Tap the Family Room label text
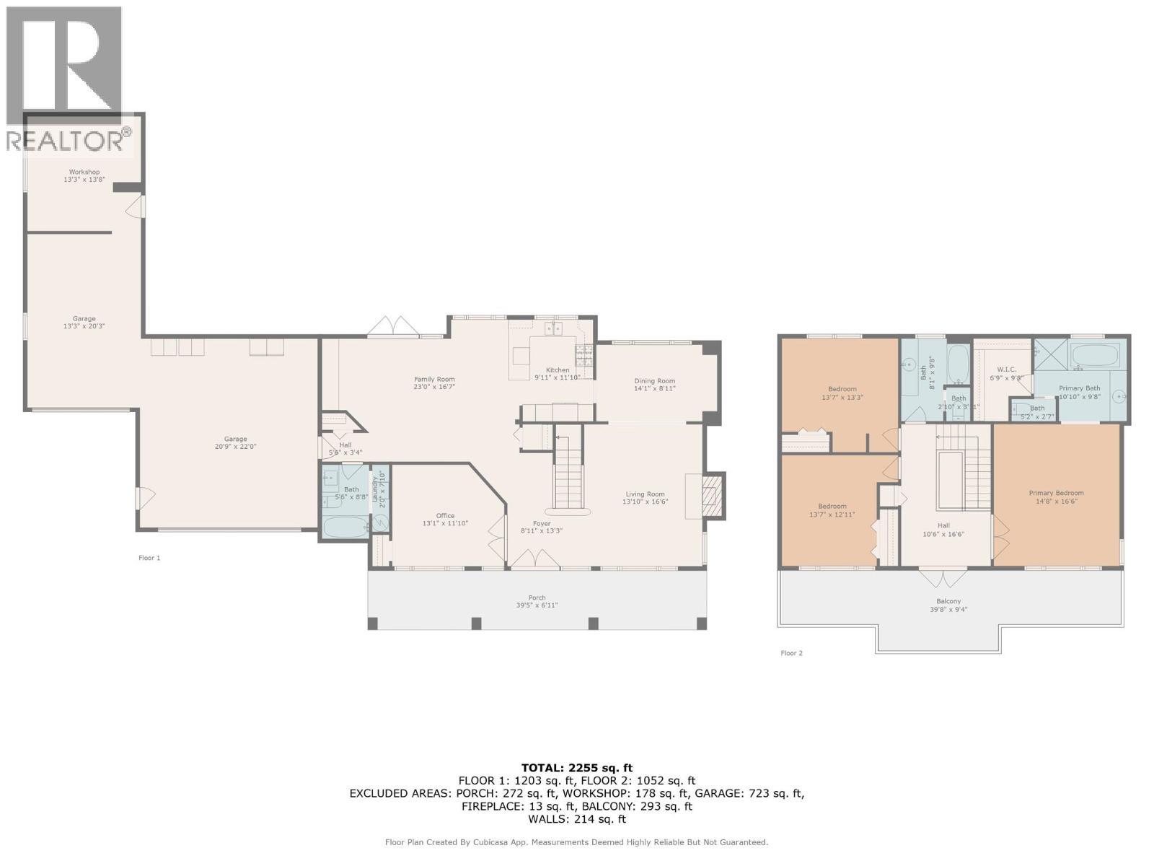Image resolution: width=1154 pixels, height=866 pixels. (434, 380)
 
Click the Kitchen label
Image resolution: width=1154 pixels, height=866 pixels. (557, 370)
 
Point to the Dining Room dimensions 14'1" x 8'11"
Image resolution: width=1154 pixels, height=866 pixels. (654, 389)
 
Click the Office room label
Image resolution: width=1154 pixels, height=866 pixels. (445, 516)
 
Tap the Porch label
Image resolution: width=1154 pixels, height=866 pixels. (537, 598)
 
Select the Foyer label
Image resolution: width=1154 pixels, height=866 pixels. (541, 524)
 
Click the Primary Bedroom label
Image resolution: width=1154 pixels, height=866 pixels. (1056, 494)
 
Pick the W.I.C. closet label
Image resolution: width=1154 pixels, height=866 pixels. (1006, 369)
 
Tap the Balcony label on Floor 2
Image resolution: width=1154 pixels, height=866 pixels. (948, 601)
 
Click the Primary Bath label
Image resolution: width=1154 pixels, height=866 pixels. (1079, 388)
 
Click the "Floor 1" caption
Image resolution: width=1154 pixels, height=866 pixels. (149, 558)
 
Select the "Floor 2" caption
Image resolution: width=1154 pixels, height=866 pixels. (791, 653)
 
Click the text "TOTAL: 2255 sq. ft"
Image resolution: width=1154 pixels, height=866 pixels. (576, 768)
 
